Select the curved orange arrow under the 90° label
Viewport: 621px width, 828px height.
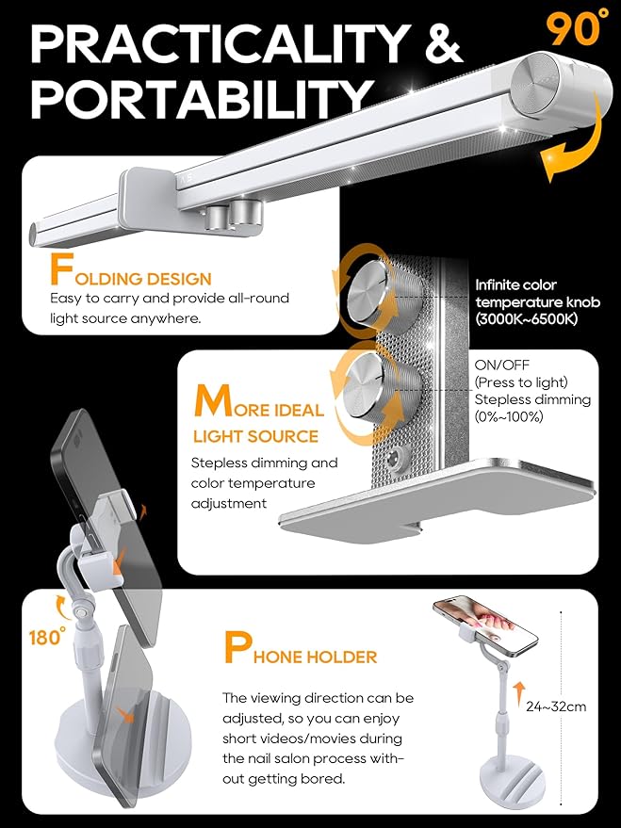(x=574, y=141)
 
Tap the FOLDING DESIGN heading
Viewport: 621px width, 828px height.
(x=130, y=271)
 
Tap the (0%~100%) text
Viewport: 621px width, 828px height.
(x=509, y=417)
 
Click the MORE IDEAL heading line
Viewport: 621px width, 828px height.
(x=259, y=403)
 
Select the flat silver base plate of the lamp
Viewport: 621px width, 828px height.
(x=438, y=499)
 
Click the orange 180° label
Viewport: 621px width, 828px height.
(x=47, y=637)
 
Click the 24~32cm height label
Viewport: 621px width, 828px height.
(x=556, y=706)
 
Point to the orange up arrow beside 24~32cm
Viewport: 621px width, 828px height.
(x=519, y=694)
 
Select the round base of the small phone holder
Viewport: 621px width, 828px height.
(x=510, y=779)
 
